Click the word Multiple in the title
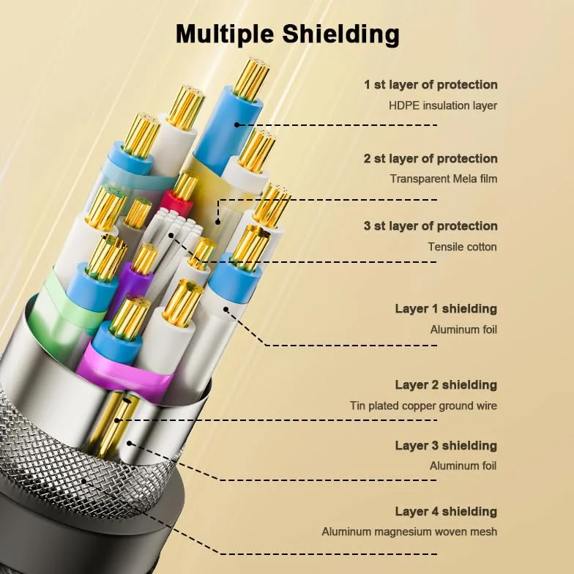(225, 34)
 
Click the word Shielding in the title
(341, 34)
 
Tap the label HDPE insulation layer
(443, 105)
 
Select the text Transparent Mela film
(444, 179)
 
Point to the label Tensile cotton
(463, 247)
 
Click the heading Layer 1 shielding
(446, 309)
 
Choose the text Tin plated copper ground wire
(423, 406)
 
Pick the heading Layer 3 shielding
(446, 445)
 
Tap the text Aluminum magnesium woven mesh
(409, 532)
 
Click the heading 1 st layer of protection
(430, 85)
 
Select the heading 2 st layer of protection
(430, 158)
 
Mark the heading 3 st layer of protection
(430, 225)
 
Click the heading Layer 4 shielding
(446, 511)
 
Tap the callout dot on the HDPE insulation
(237, 124)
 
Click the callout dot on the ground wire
(116, 420)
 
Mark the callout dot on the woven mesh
(83, 480)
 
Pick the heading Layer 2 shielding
(446, 385)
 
